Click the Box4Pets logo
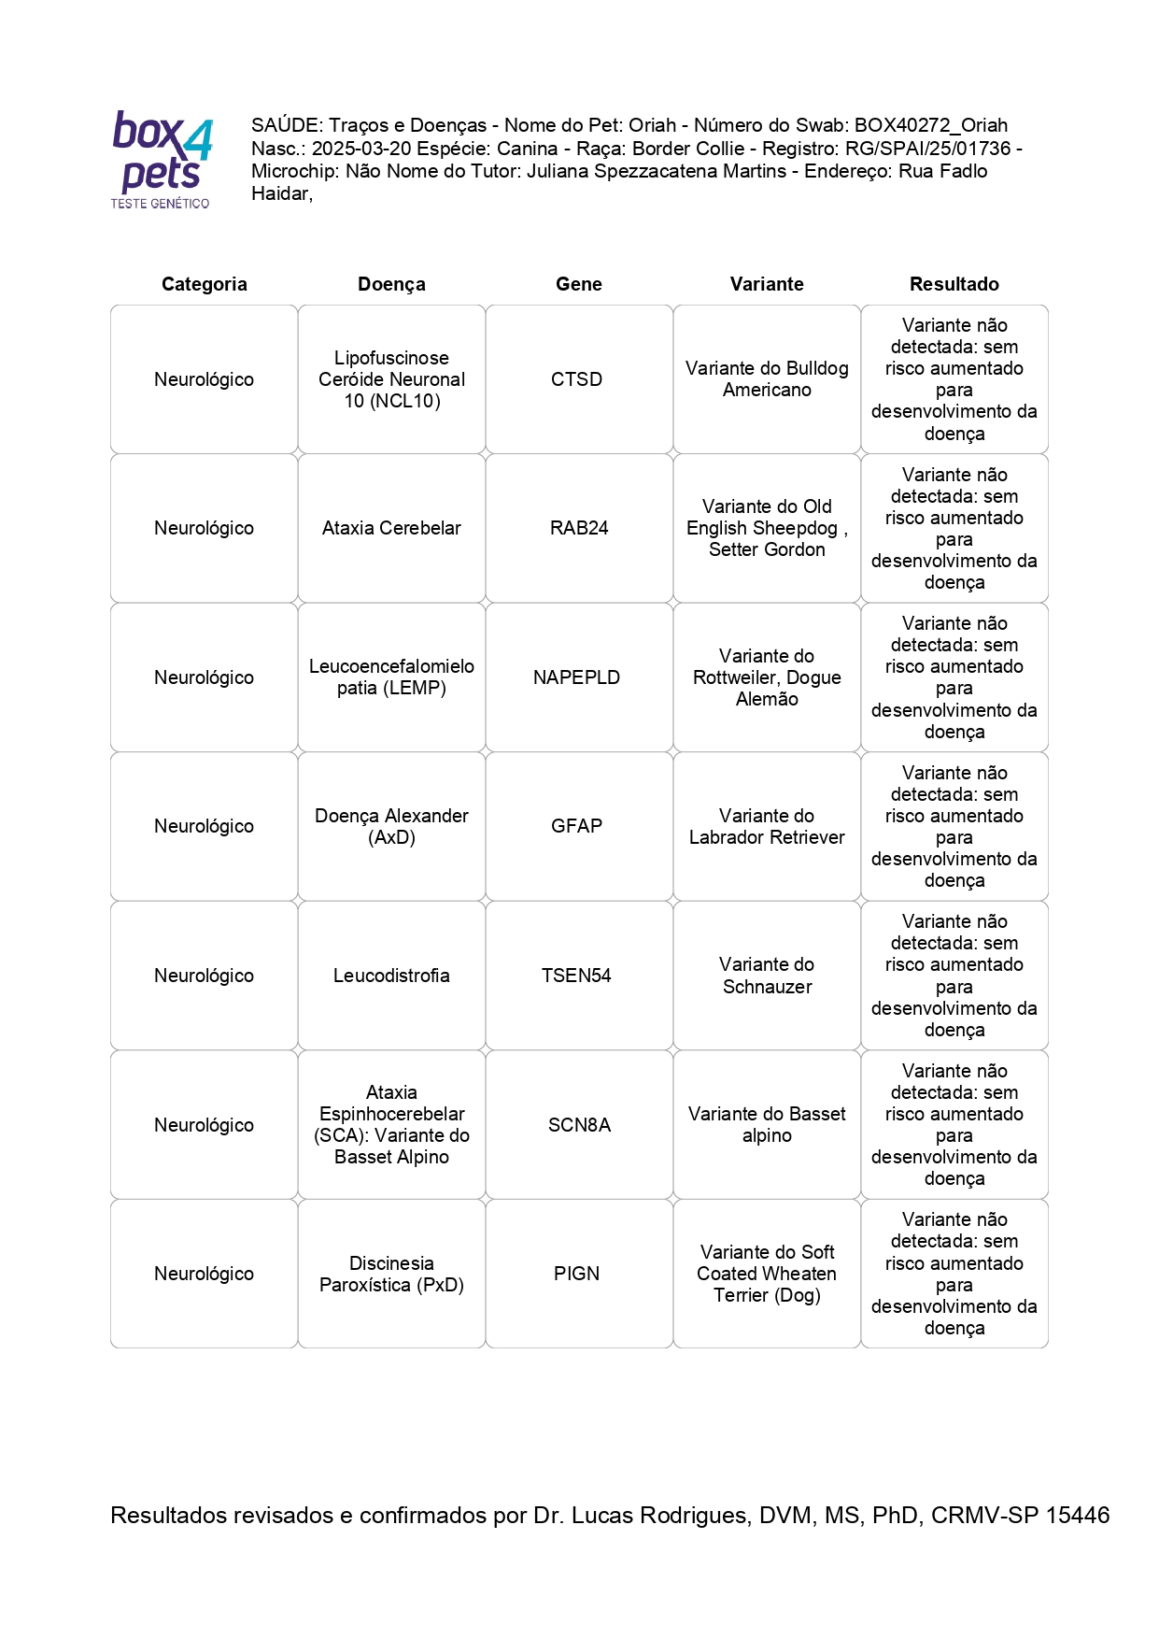coord(162,159)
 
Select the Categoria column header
coord(204,284)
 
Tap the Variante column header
coord(766,284)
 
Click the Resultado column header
coord(954,284)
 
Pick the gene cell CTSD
coord(576,379)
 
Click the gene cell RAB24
coord(578,528)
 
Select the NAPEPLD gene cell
coord(576,677)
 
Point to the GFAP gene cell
coord(576,826)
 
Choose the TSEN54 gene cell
coord(576,976)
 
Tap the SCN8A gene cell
coord(578,1125)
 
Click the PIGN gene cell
coord(576,1274)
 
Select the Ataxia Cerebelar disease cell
coord(391,528)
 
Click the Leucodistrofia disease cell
coord(391,976)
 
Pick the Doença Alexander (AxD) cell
coord(391,826)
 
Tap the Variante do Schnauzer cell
coord(766,976)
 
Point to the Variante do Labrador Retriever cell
coord(766,826)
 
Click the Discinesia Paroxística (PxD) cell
coord(391,1274)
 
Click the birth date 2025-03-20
coord(361,149)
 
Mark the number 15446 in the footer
coord(1077,1515)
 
